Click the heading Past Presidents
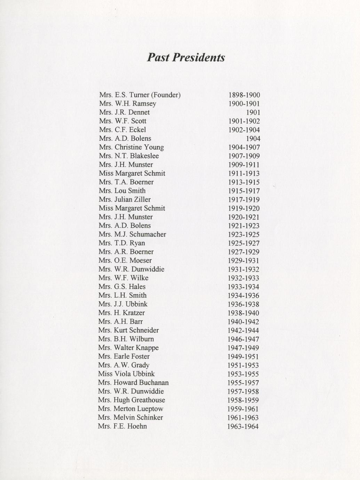tap(186, 57)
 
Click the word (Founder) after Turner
tap(167, 95)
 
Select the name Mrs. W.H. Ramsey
tap(128, 104)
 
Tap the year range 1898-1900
tap(244, 95)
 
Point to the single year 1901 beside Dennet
tap(253, 113)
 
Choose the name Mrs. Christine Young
tap(131, 147)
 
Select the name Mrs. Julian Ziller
tap(125, 200)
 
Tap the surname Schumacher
tap(148, 234)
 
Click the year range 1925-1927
tap(244, 243)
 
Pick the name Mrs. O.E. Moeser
tap(125, 261)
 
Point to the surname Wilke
tap(139, 278)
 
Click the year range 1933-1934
tap(243, 287)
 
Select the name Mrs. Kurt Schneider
tap(129, 330)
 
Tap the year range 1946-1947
tap(243, 339)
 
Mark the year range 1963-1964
tap(243, 426)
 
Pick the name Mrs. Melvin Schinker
tap(130, 417)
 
